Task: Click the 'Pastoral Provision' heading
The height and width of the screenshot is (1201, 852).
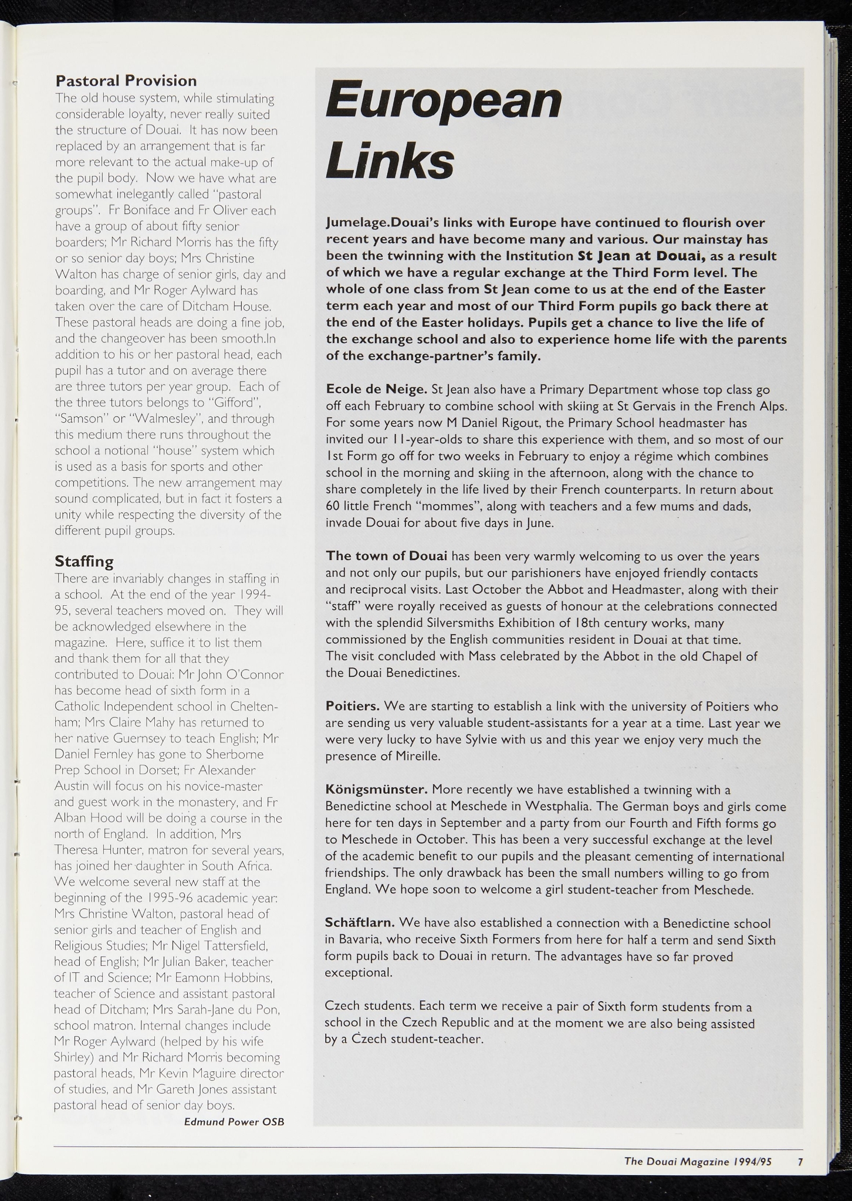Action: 126,81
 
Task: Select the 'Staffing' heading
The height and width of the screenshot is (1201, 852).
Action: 84,561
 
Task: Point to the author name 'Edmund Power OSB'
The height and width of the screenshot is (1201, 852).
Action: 234,1121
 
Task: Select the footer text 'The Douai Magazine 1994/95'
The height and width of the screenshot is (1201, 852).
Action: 698,1161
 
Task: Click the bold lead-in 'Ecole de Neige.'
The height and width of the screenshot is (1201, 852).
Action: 376,389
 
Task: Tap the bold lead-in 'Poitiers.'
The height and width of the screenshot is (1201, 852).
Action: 353,706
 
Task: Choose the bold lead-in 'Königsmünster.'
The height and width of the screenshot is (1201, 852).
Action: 376,789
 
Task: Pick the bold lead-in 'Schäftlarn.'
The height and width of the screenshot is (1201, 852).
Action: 359,923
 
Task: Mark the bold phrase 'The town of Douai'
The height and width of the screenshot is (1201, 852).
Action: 386,555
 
